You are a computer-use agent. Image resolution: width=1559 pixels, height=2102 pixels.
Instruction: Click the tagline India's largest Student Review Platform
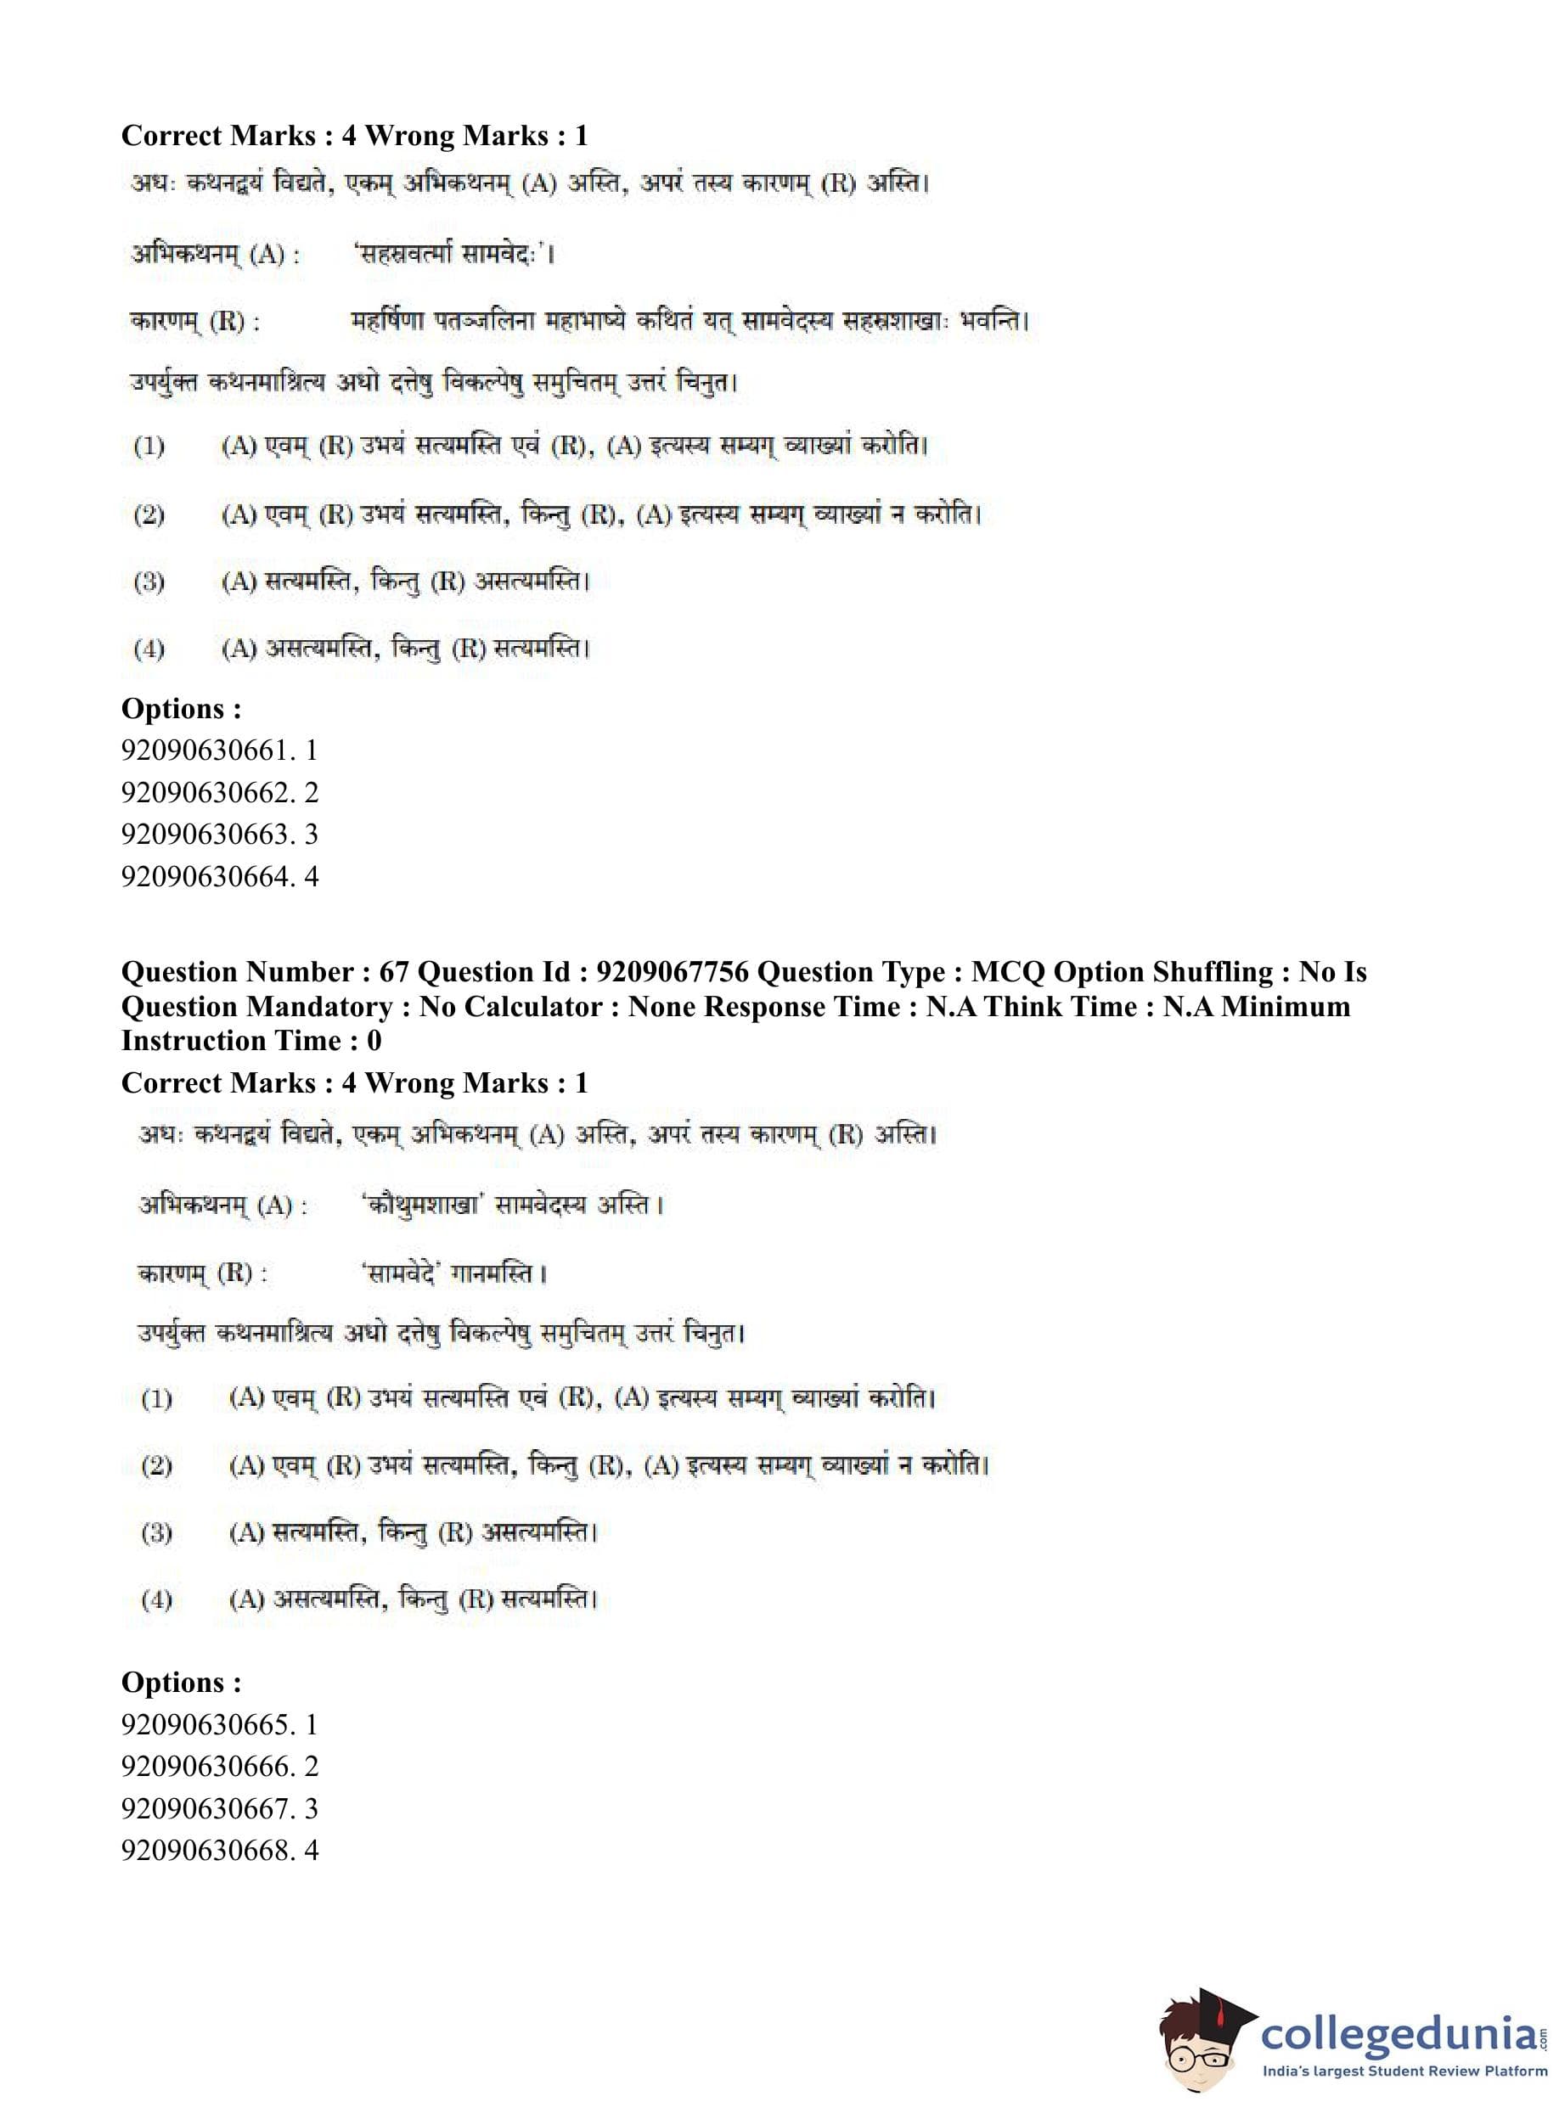click(1405, 2071)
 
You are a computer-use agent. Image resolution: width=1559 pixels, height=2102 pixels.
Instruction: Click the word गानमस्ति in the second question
click(499, 1273)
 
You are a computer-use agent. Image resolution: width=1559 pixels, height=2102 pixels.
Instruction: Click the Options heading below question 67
click(181, 1682)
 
